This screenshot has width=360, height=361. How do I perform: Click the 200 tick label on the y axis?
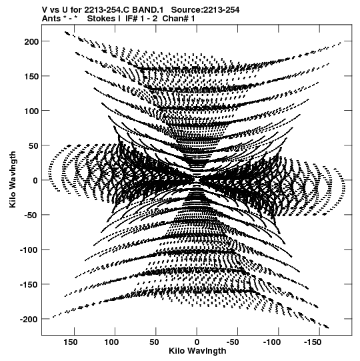31,41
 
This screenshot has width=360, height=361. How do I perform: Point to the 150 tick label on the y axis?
31,77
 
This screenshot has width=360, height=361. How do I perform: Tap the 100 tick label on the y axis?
31,111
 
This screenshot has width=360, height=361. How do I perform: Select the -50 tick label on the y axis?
30,216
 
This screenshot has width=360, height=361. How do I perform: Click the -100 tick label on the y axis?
29,250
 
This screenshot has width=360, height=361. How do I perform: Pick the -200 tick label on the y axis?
29,320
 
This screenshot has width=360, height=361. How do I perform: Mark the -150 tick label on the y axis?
29,285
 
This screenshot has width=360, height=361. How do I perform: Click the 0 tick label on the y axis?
35,181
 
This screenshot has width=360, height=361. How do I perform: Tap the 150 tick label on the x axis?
71,342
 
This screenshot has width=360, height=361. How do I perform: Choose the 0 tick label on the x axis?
197,342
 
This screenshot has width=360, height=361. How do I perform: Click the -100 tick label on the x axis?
272,342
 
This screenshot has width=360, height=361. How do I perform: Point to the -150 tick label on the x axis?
313,342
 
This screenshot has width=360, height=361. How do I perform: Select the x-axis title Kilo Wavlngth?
197,351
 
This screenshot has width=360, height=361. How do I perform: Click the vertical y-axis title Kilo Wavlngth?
13,179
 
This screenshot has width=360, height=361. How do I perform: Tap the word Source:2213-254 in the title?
205,10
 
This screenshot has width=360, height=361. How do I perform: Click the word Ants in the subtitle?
51,19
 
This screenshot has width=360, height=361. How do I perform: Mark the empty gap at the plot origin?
197,180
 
